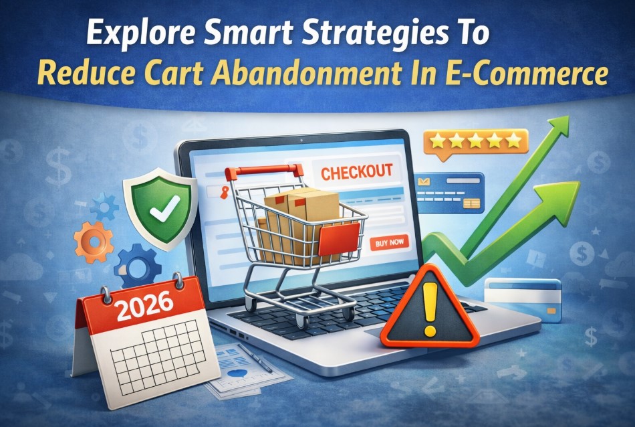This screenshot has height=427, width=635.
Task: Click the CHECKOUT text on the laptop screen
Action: [x=356, y=172]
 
